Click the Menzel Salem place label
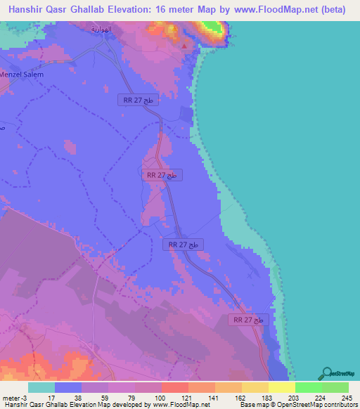coord(22,74)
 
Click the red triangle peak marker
coord(185,47)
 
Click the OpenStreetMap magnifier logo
coord(326,374)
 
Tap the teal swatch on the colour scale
coord(41,387)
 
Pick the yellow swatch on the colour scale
coord(281,387)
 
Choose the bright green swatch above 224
coord(308,387)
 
